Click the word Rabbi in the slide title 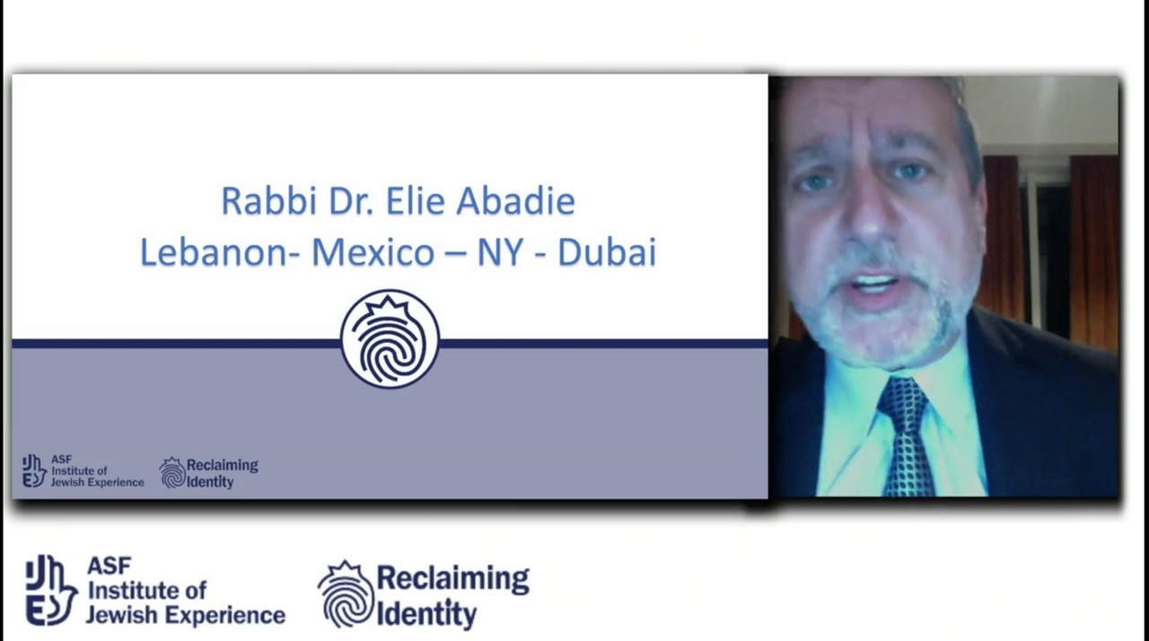point(268,200)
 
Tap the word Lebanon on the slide point(217,251)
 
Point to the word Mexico point(373,251)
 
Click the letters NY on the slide point(501,251)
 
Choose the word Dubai point(608,251)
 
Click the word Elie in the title point(415,200)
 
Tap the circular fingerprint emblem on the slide point(390,339)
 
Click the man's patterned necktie point(907,437)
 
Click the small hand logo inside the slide point(34,470)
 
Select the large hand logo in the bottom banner point(51,590)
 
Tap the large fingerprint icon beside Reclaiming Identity point(346,593)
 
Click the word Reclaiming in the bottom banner point(453,578)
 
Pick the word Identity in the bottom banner point(426,613)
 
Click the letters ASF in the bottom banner point(110,566)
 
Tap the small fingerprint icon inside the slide point(172,473)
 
